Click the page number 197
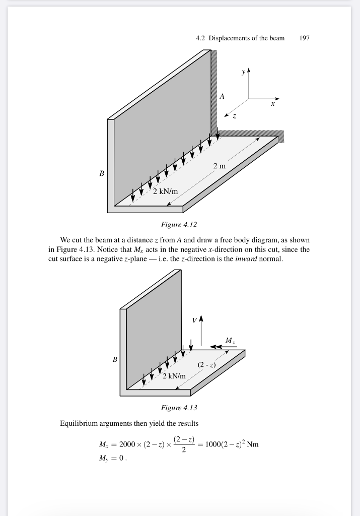coord(304,38)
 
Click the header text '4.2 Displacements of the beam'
coord(240,38)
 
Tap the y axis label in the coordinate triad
coord(244,72)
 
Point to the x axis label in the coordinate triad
coord(272,104)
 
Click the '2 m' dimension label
coord(219,166)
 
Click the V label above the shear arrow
coord(194,320)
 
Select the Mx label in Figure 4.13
coord(230,341)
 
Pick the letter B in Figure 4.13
coord(115,359)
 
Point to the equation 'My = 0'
coord(113,459)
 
